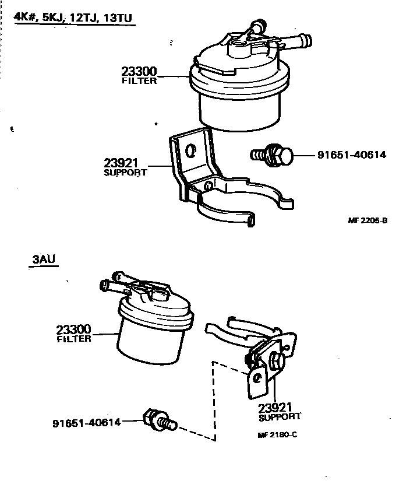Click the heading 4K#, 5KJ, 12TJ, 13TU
[x=75, y=17]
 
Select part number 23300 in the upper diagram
[x=139, y=72]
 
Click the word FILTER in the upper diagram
[x=139, y=82]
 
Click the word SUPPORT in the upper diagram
[x=125, y=173]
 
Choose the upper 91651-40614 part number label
[x=352, y=155]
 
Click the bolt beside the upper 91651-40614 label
[x=274, y=156]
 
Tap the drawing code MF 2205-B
[x=367, y=220]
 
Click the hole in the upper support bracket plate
[x=189, y=150]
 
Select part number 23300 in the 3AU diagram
[x=74, y=330]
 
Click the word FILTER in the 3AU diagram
[x=74, y=339]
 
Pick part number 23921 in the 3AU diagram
[x=275, y=408]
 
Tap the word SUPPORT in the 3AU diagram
[x=280, y=417]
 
